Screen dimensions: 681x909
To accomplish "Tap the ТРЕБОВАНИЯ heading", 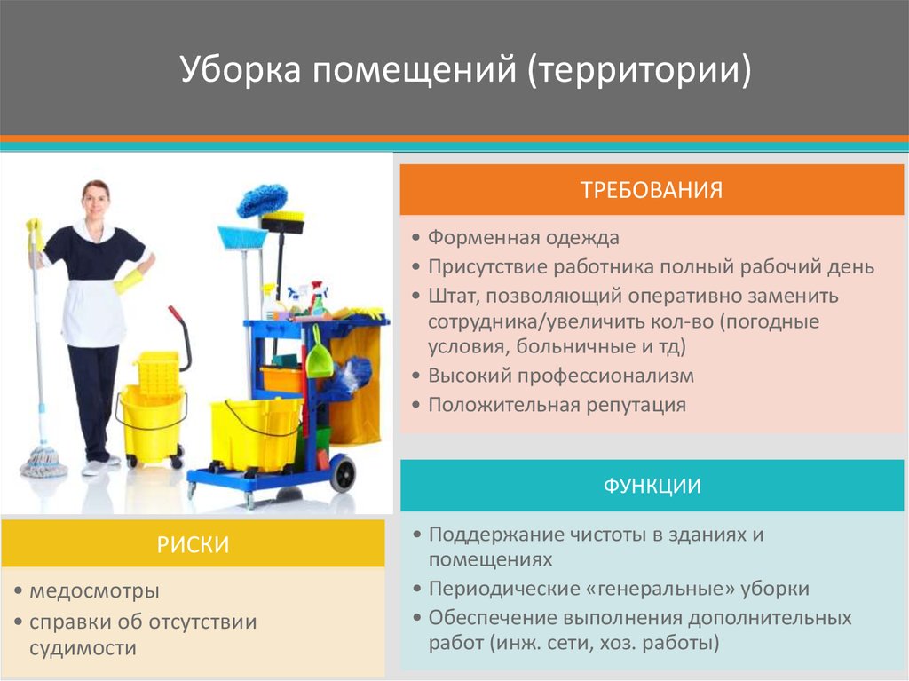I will [652, 189].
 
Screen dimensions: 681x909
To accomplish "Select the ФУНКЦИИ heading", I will [652, 486].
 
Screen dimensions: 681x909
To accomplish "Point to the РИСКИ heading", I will [193, 544].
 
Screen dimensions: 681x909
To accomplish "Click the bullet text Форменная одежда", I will [524, 238].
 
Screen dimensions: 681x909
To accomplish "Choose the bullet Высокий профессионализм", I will [561, 376].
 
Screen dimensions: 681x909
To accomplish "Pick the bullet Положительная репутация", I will [557, 405].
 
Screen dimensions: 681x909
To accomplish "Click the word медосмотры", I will [95, 590].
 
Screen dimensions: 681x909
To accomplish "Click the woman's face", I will [95, 200].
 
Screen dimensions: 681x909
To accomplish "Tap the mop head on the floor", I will [43, 461].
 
